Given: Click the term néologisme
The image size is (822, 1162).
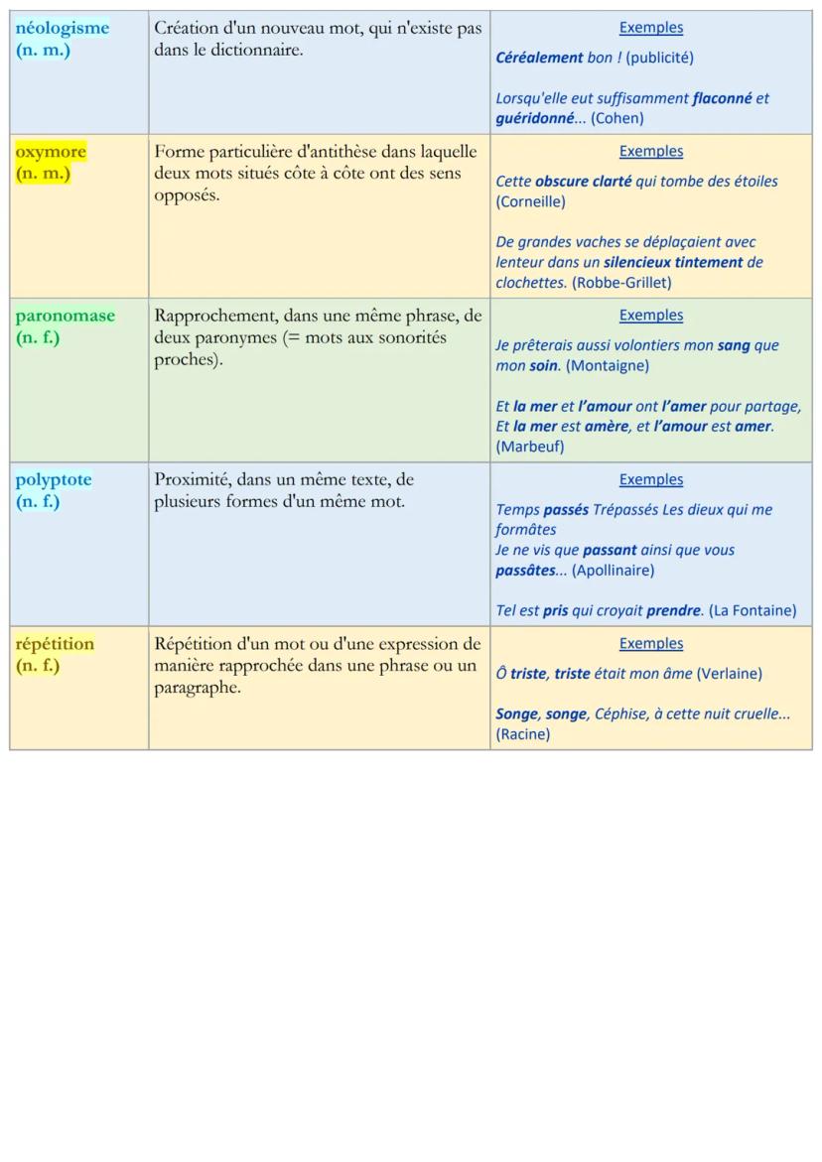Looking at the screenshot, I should pyautogui.click(x=63, y=28).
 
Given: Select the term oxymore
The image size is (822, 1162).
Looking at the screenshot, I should pyautogui.click(x=51, y=152).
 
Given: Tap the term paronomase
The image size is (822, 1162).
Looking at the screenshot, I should pyautogui.click(x=65, y=316).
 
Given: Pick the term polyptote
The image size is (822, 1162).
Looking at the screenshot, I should pyautogui.click(x=54, y=479).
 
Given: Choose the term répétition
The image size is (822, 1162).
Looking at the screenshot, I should pyautogui.click(x=55, y=643).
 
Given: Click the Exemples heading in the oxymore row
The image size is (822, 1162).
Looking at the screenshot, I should pyautogui.click(x=651, y=151).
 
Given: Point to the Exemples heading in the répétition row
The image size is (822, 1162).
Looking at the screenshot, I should pyautogui.click(x=651, y=643).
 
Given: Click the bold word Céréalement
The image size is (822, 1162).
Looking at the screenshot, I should pyautogui.click(x=539, y=58).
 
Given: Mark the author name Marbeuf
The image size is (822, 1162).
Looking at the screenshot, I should pyautogui.click(x=530, y=447).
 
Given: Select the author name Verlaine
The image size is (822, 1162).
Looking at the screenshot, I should pyautogui.click(x=729, y=674).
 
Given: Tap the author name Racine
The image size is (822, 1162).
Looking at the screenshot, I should pyautogui.click(x=523, y=734).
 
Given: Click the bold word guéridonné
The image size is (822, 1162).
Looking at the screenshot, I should pyautogui.click(x=533, y=118).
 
